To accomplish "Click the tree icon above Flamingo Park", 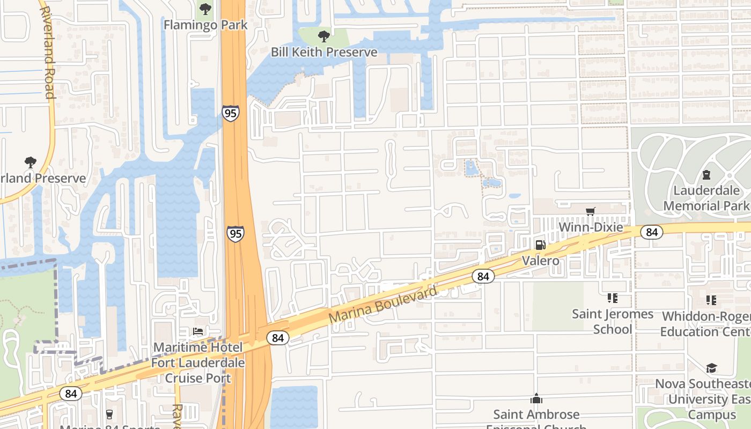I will click(x=205, y=9).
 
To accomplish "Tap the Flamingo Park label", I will click(x=205, y=25).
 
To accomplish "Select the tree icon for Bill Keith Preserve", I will click(x=323, y=36).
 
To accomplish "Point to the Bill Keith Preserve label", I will click(x=323, y=52).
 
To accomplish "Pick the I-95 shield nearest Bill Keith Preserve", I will click(x=230, y=113).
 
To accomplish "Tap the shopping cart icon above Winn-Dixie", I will click(x=591, y=211).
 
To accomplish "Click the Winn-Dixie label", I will click(x=591, y=227).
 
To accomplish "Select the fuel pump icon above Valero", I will click(x=540, y=245).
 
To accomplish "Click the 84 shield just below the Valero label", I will click(x=483, y=276).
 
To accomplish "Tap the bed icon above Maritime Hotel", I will click(x=198, y=331).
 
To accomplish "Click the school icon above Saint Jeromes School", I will click(x=612, y=298).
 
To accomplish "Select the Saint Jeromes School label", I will click(x=612, y=321).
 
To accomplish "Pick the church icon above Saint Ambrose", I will click(x=536, y=398).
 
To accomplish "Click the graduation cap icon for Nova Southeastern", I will click(x=711, y=368).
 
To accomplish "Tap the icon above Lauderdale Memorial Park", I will click(x=706, y=175).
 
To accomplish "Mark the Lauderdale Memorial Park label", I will click(x=706, y=198).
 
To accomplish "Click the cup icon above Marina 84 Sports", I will click(x=109, y=415).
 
